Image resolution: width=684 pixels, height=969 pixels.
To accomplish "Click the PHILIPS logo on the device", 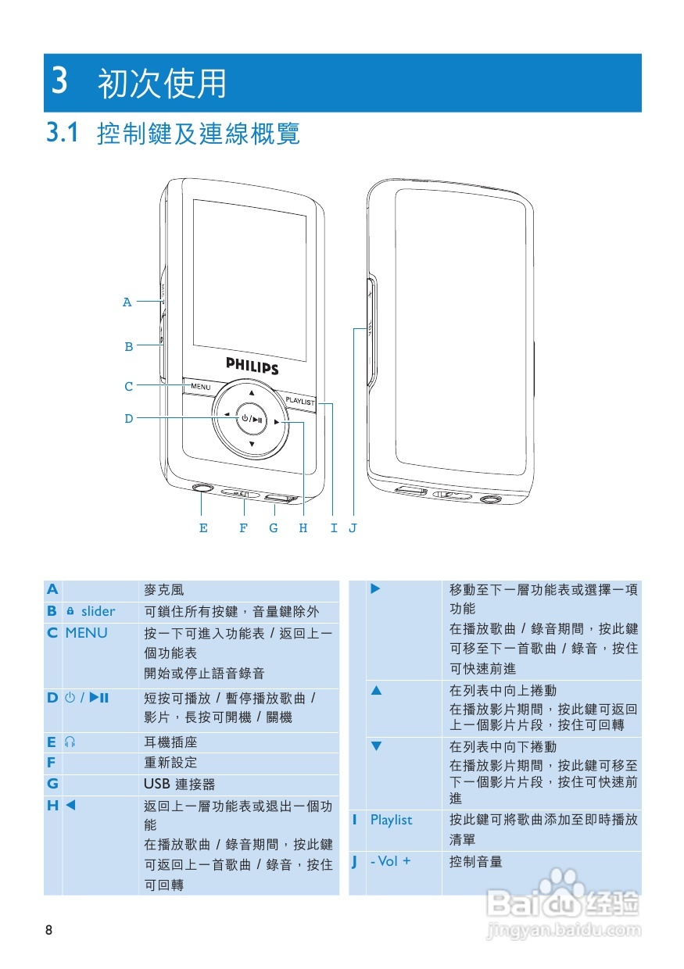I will pyautogui.click(x=252, y=366).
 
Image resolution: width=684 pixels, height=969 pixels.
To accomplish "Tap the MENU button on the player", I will pyautogui.click(x=201, y=387).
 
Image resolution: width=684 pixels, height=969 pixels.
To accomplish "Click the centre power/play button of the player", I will pyautogui.click(x=252, y=418).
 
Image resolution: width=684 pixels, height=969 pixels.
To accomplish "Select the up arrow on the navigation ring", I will pyautogui.click(x=252, y=392).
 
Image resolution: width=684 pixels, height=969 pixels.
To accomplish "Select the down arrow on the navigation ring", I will pyautogui.click(x=252, y=444).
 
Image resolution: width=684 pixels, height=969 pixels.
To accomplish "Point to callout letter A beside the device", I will pyautogui.click(x=127, y=302).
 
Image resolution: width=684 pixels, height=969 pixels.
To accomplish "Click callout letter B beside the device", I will pyautogui.click(x=129, y=347).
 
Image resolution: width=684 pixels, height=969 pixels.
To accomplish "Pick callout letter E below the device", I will pyautogui.click(x=203, y=528).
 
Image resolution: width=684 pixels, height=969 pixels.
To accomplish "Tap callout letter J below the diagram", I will pyautogui.click(x=353, y=528).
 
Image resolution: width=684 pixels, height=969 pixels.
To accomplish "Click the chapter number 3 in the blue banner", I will pyautogui.click(x=59, y=82).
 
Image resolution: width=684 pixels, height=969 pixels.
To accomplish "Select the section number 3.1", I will pyautogui.click(x=63, y=133).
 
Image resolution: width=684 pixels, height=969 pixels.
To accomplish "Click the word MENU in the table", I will pyautogui.click(x=86, y=633).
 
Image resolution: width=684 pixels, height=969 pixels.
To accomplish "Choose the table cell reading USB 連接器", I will pyautogui.click(x=179, y=784).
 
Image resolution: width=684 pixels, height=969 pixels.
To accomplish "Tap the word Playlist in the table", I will pyautogui.click(x=391, y=820).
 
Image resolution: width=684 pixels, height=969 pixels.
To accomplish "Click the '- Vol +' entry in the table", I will pyautogui.click(x=390, y=862).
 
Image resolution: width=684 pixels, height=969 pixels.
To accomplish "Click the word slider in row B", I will pyautogui.click(x=98, y=612).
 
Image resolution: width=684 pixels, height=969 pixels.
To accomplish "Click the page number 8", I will pyautogui.click(x=49, y=930).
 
